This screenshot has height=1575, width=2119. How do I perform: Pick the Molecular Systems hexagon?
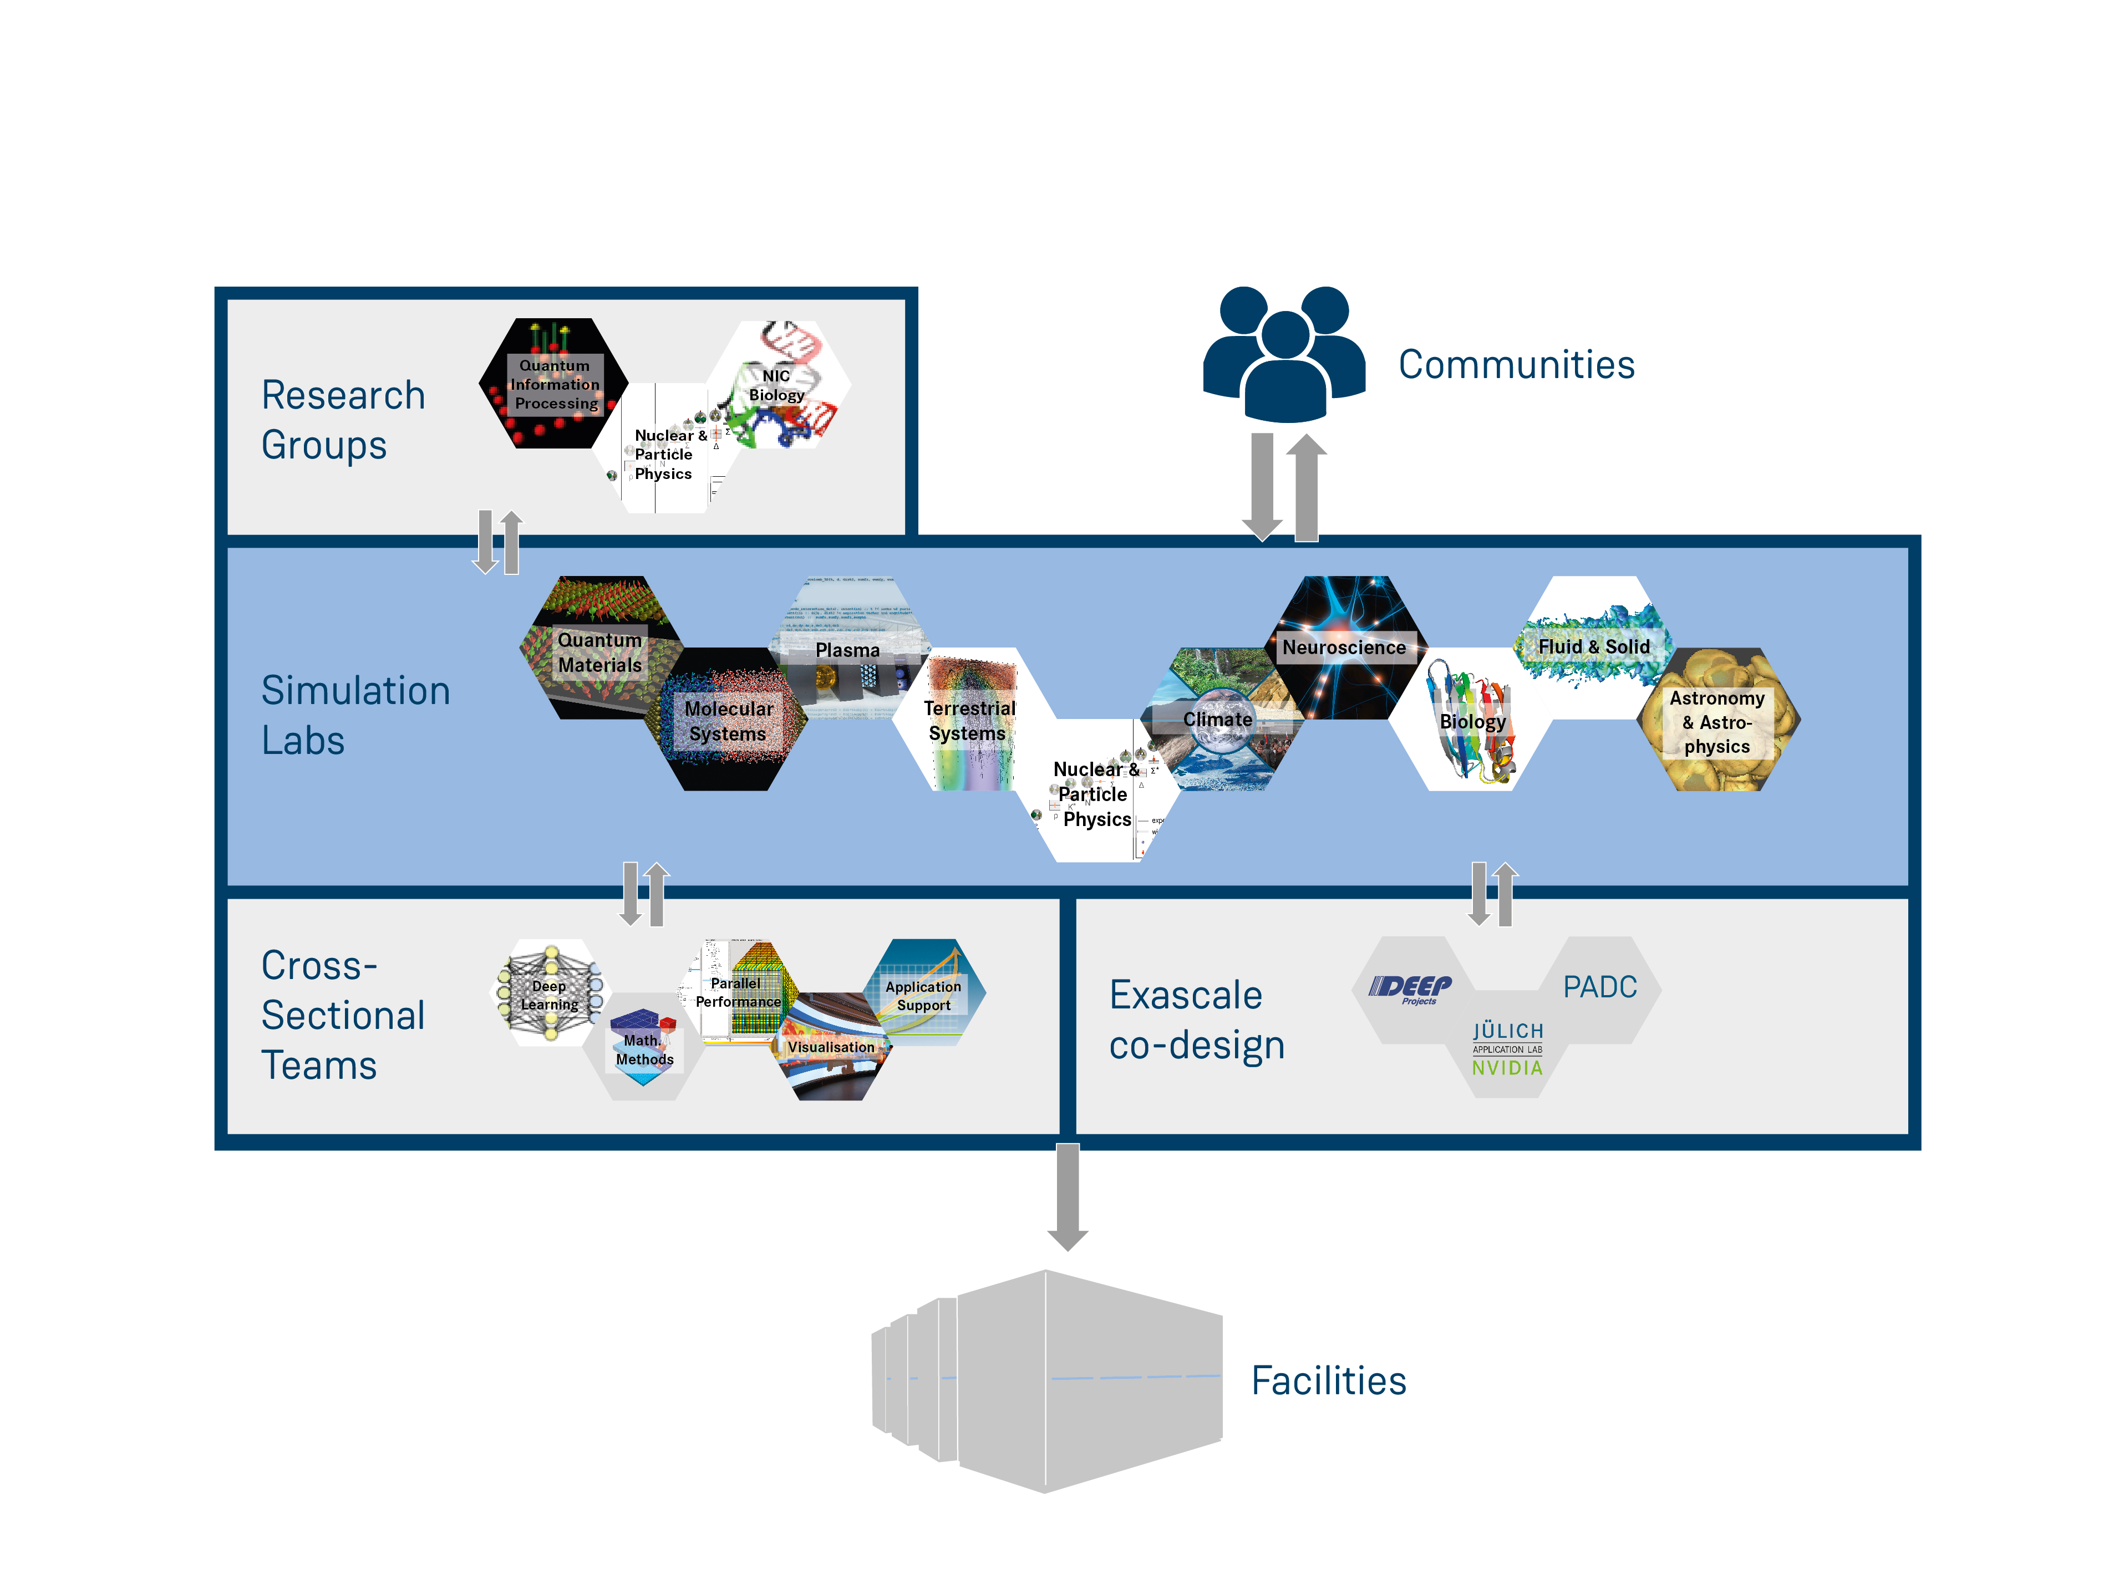(x=728, y=721)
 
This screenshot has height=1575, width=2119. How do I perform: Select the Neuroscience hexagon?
(x=1345, y=648)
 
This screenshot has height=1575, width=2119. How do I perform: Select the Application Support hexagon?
(x=923, y=995)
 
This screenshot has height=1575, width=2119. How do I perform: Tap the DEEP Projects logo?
(x=1411, y=988)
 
